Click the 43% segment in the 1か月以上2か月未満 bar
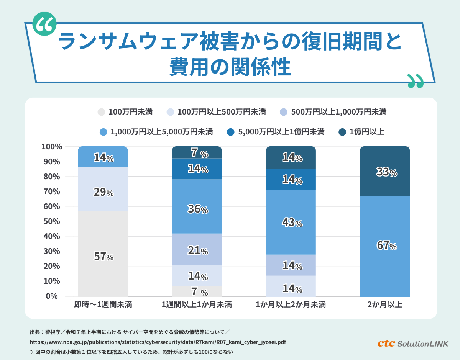291,222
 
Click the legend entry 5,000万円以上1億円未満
276,132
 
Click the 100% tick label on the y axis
51,147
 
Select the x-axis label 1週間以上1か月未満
197,305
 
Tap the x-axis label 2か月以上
385,305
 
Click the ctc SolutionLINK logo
413,343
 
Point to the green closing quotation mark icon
416,80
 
